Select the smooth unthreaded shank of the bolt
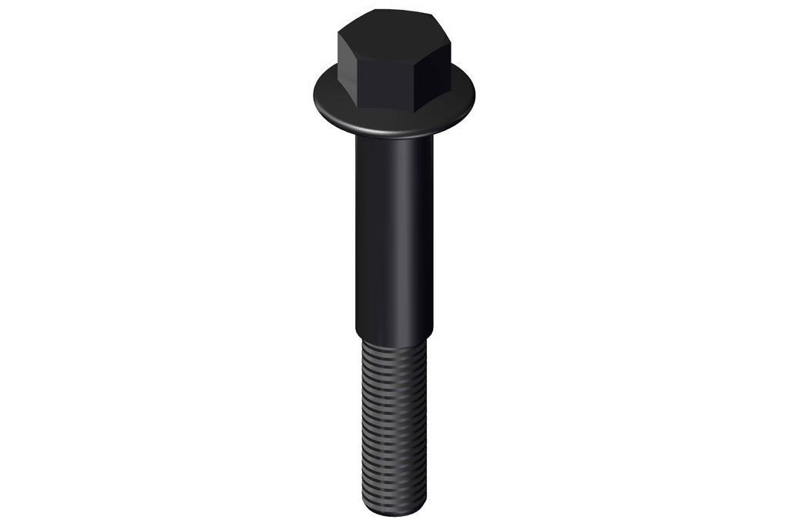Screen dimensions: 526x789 [x=394, y=231]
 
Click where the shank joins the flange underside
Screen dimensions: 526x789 [x=394, y=140]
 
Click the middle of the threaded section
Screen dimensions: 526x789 [x=394, y=424]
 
